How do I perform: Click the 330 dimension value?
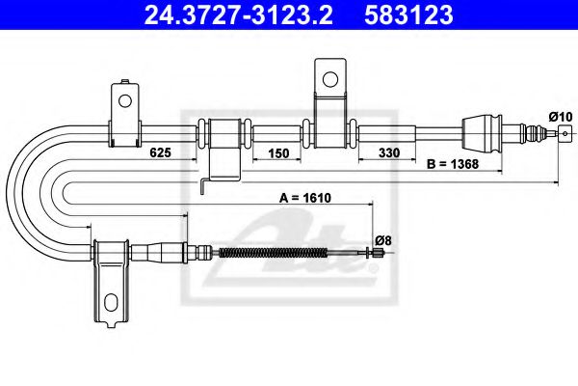coord(389,153)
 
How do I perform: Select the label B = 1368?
coord(454,164)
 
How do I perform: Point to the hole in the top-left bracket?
coord(124,99)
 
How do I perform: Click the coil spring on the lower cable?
coord(276,254)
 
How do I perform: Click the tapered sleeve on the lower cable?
coord(154,254)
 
